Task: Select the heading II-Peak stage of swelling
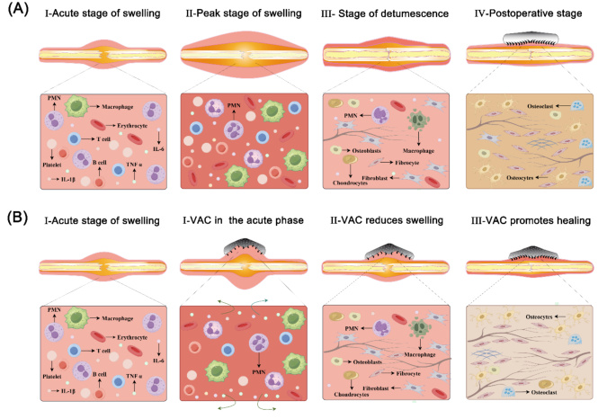243,15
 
